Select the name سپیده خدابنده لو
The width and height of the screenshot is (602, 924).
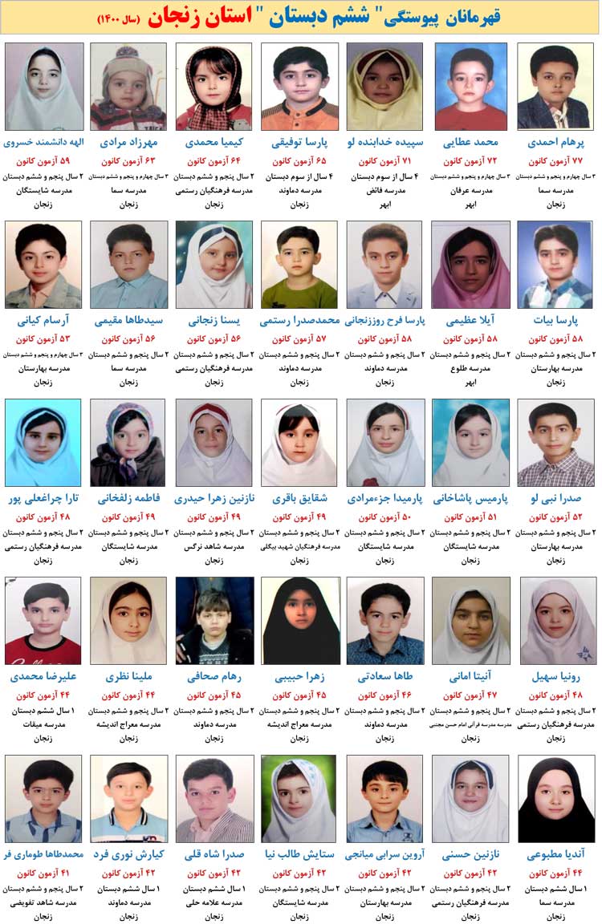pos(384,143)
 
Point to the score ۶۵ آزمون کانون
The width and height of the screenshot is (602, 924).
pos(299,161)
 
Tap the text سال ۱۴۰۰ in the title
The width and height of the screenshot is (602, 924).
pos(119,18)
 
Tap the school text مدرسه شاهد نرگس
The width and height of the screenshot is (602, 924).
pos(214,547)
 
